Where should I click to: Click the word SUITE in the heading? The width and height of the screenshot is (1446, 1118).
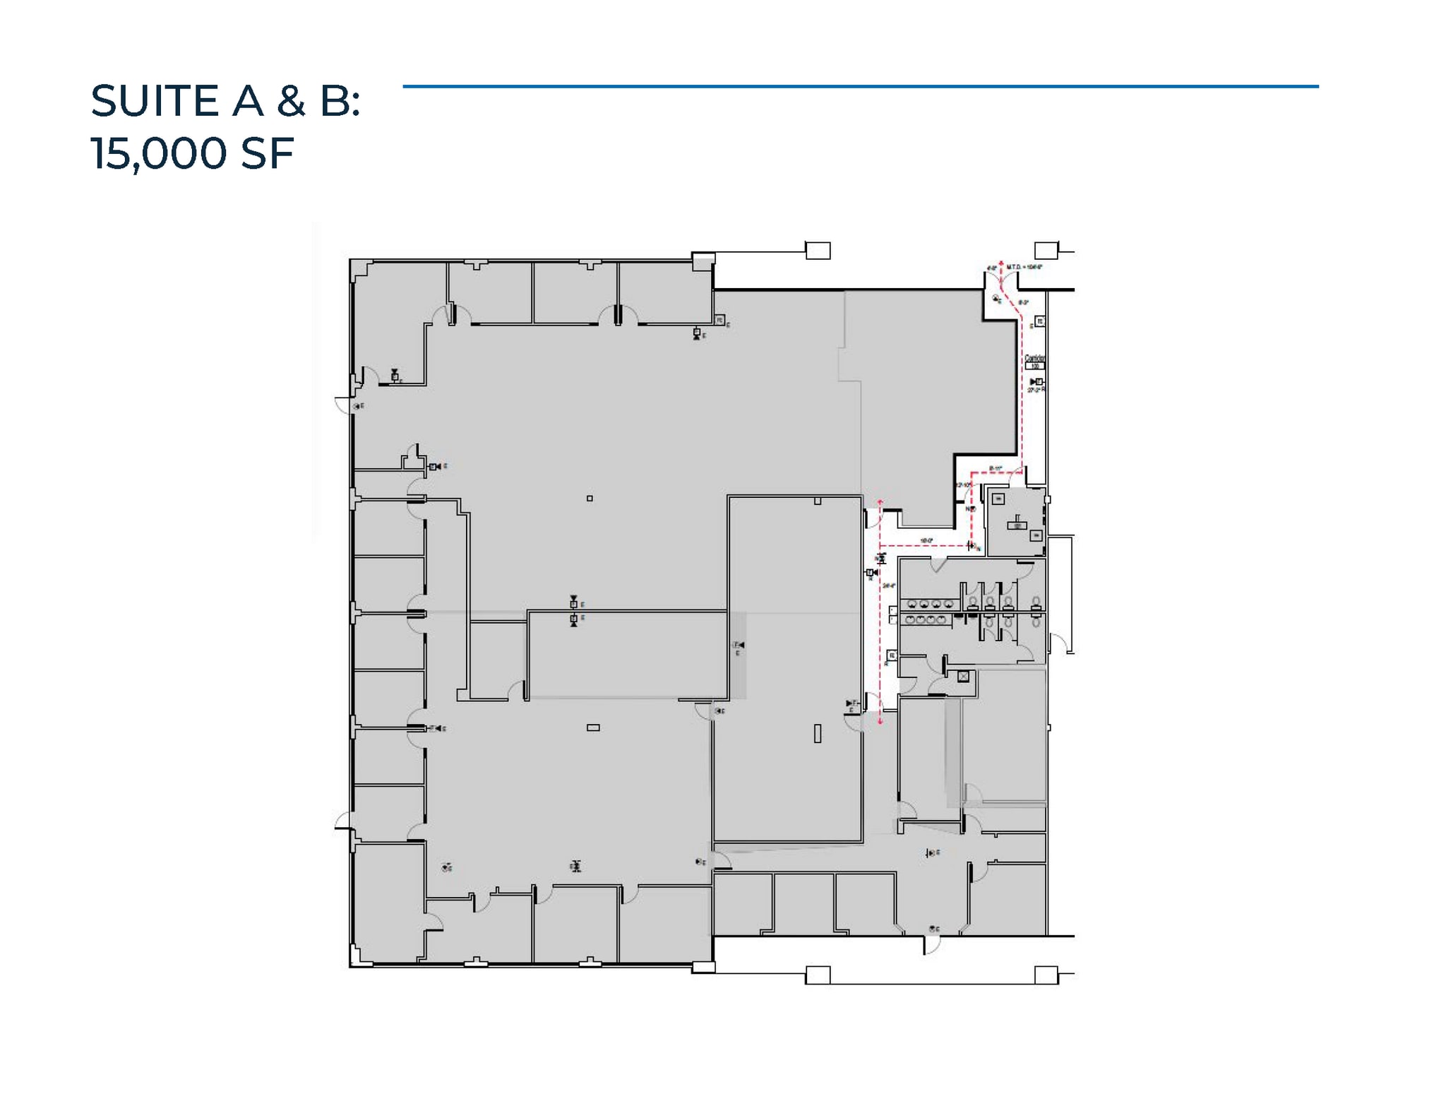[x=155, y=100]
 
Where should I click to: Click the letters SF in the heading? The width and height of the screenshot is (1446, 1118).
[x=267, y=153]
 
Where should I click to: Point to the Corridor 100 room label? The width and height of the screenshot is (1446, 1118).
[x=1034, y=362]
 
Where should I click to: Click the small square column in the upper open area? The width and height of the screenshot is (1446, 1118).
[x=590, y=499]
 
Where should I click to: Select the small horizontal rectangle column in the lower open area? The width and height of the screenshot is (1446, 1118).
[x=593, y=727]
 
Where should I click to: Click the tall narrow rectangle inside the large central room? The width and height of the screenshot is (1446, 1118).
[x=818, y=734]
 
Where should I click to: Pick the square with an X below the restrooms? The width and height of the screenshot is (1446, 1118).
[x=964, y=677]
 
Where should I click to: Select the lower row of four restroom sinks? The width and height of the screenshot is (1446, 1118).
[x=926, y=619]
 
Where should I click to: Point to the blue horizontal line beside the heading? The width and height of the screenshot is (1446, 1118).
[x=860, y=87]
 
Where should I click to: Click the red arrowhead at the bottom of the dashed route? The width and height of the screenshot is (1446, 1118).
[x=880, y=721]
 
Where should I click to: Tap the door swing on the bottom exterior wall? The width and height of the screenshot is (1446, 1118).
[x=932, y=945]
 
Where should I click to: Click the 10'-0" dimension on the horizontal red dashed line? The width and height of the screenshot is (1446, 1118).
[x=926, y=541]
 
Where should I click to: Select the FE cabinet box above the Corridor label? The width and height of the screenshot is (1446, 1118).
[x=1039, y=322]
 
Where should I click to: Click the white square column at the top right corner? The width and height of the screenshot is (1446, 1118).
[x=1046, y=250]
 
